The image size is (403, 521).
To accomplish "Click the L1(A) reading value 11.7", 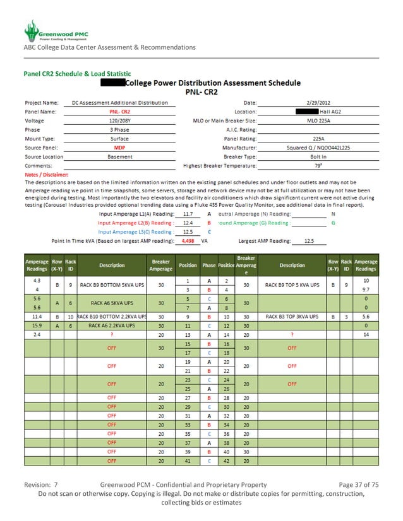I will click(187, 214).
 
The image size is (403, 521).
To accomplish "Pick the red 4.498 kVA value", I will click(187, 240).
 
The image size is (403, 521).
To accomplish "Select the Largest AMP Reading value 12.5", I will click(310, 240).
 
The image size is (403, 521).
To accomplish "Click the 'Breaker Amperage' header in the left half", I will click(161, 265).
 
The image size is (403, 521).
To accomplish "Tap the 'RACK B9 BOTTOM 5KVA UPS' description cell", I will click(112, 284).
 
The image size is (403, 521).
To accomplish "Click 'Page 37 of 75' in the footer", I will click(359, 484).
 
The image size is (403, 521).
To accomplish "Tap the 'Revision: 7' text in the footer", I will click(41, 484).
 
